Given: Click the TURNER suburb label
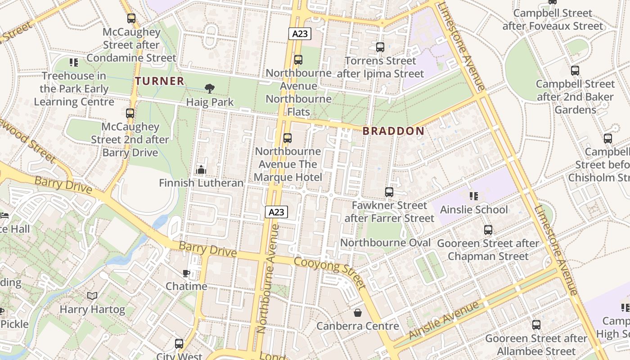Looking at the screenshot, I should (x=160, y=81).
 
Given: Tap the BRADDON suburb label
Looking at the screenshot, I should (x=393, y=131).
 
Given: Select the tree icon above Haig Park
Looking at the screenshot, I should (x=209, y=88).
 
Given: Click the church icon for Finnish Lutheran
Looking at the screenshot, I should (x=201, y=170).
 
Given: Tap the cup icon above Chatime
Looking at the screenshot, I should (x=186, y=273).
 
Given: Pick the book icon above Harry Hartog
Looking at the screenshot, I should (x=92, y=296).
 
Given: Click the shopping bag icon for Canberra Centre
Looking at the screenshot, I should (x=358, y=312).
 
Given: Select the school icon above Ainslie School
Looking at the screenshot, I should (x=473, y=196).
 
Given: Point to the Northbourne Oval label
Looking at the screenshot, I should (x=385, y=243).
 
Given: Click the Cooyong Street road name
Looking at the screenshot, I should (x=329, y=273).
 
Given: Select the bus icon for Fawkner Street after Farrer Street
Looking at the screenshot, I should (x=389, y=192).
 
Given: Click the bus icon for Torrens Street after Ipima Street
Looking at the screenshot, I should (x=380, y=47).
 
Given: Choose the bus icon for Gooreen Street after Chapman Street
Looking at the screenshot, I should (x=488, y=230).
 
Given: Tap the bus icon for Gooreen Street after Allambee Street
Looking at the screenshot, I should (x=536, y=324).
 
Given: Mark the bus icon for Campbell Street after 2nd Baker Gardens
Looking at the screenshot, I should (x=575, y=71).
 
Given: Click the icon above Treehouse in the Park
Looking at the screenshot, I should (x=74, y=63).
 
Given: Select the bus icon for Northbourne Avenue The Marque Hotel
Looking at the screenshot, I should (x=288, y=138).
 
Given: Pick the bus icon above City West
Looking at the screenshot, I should (x=179, y=344).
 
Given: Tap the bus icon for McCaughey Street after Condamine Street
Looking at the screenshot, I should (x=131, y=18).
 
